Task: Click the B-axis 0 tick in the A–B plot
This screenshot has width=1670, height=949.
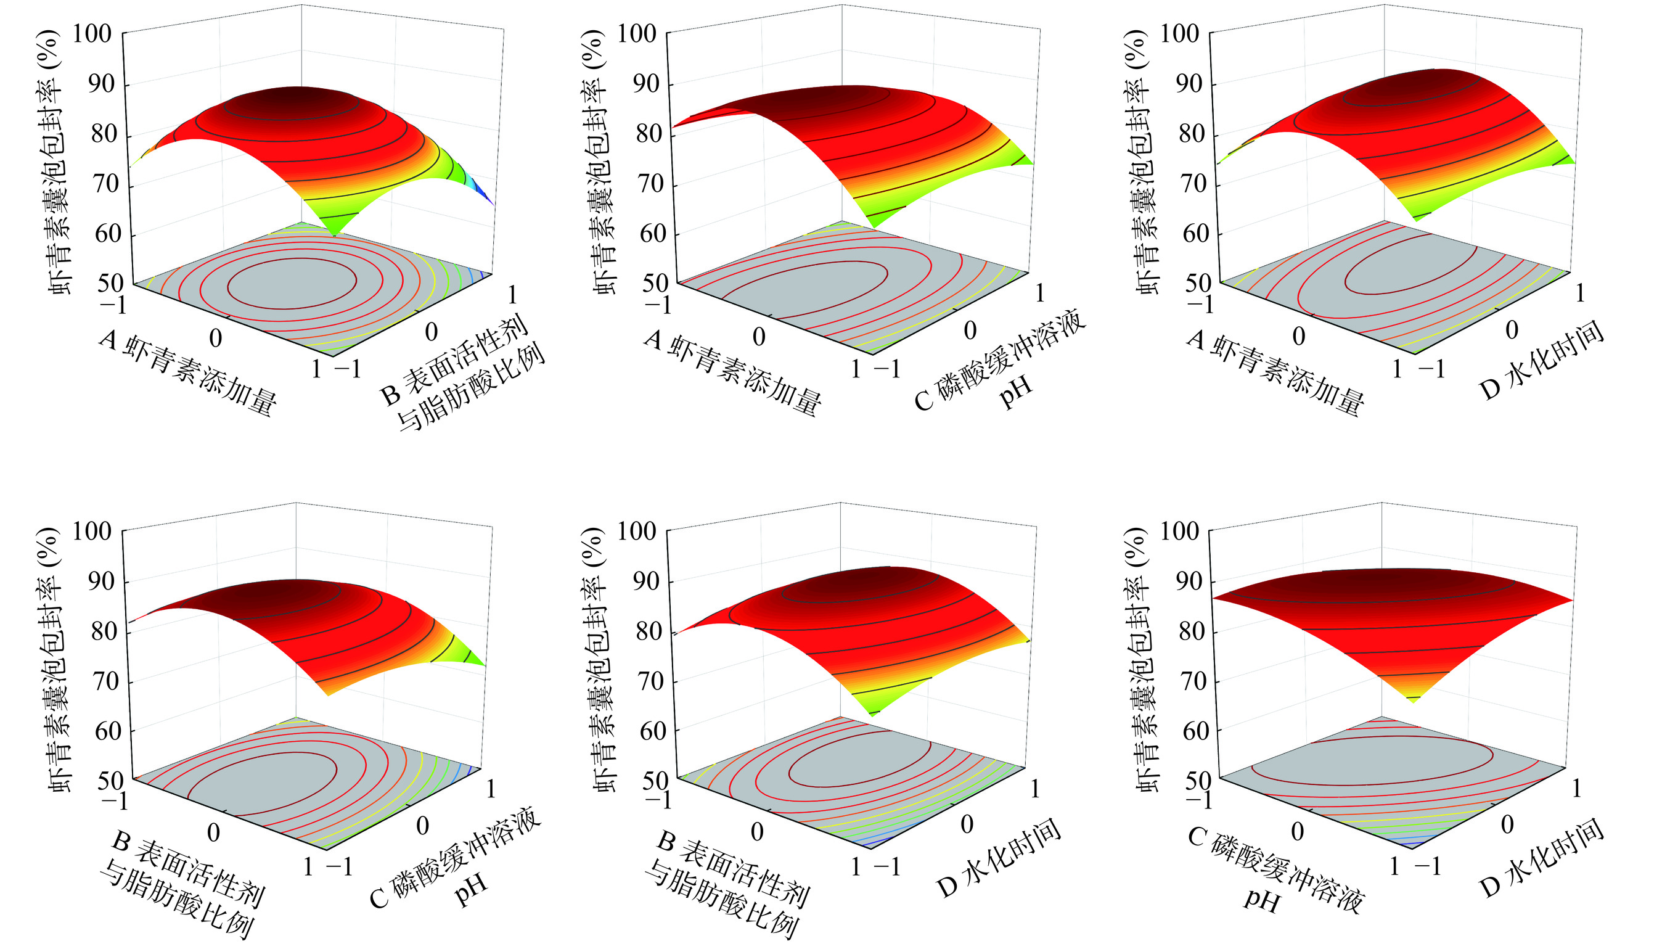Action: coord(432,332)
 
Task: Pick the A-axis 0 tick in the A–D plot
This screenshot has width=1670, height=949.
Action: coord(1299,336)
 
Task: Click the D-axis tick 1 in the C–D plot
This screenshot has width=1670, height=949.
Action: coord(1576,789)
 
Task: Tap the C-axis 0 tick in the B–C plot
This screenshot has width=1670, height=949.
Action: coord(423,826)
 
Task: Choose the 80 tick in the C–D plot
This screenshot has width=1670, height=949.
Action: coord(1193,631)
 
